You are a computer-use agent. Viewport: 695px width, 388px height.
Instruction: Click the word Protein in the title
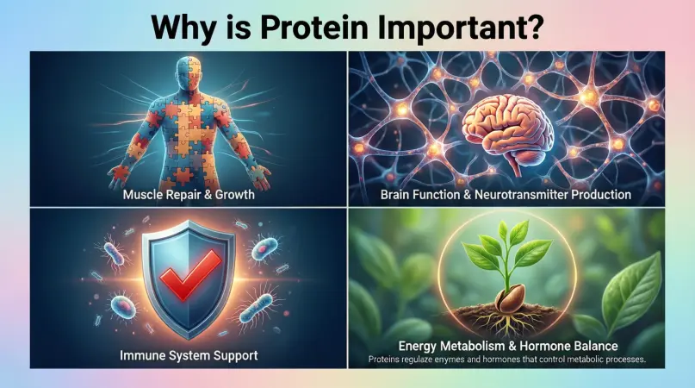(x=313, y=27)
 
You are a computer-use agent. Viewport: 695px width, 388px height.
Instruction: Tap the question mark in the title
(x=535, y=27)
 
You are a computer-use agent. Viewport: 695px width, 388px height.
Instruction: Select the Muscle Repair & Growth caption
(x=189, y=195)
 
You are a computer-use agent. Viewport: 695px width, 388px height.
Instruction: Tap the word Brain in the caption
(x=394, y=195)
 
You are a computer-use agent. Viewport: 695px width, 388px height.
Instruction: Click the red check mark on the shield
(x=190, y=273)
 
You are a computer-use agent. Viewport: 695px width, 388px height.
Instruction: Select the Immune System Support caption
(x=189, y=355)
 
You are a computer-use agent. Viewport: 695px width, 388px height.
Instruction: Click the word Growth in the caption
(x=234, y=195)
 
